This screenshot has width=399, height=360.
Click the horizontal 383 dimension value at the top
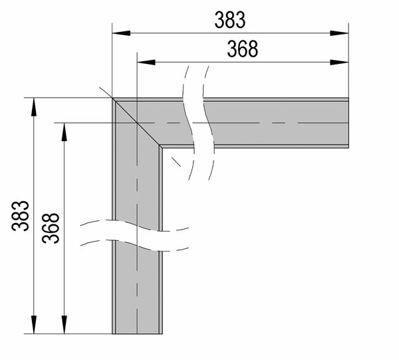tap(230, 20)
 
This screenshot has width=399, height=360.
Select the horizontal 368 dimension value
tap(243, 49)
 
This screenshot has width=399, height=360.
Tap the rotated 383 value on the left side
tap(21, 216)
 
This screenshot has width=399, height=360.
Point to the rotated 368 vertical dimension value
tap(51, 228)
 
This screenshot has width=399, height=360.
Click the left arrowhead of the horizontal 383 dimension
tap(121, 33)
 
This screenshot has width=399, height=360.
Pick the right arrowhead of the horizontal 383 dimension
tap(339, 33)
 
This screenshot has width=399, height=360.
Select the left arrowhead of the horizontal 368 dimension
tap(146, 62)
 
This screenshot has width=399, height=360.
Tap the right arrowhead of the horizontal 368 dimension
tap(339, 62)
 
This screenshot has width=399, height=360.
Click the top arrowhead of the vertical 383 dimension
tap(34, 107)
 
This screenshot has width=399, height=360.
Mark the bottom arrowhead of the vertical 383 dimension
tap(34, 325)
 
